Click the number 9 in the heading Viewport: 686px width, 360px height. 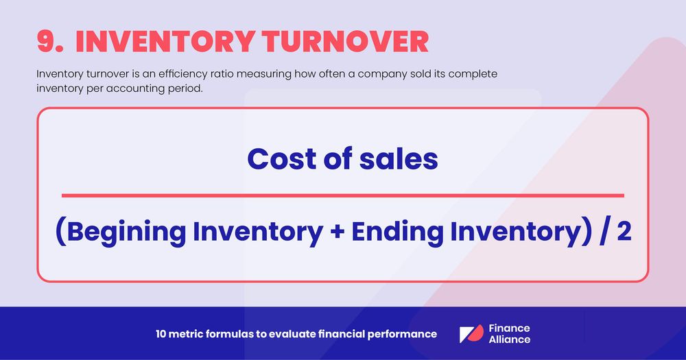point(49,41)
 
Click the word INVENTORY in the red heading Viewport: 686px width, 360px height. point(159,41)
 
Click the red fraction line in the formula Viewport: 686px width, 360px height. point(343,195)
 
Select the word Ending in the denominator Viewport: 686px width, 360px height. point(397,233)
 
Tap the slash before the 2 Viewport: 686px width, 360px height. point(604,233)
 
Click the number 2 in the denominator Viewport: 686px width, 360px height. point(624,233)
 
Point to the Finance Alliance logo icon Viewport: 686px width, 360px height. point(471,334)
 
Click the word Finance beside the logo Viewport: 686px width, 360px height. point(509,328)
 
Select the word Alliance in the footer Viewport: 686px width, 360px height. point(510,339)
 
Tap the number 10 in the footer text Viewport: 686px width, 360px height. point(161,334)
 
